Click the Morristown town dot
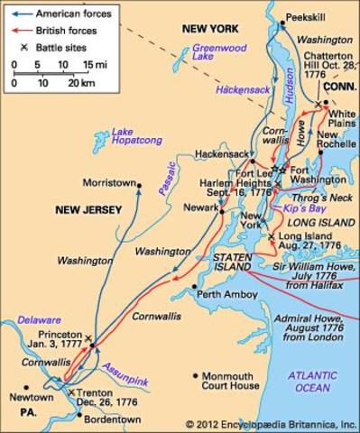point(139,186)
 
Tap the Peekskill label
point(303,17)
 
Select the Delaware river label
point(33,319)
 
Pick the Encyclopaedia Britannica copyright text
point(272,423)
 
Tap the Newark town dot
point(221,213)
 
